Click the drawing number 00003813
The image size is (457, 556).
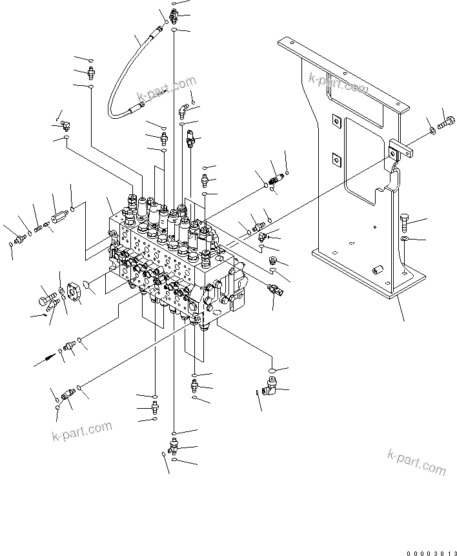click(x=431, y=553)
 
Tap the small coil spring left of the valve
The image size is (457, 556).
click(x=41, y=226)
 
